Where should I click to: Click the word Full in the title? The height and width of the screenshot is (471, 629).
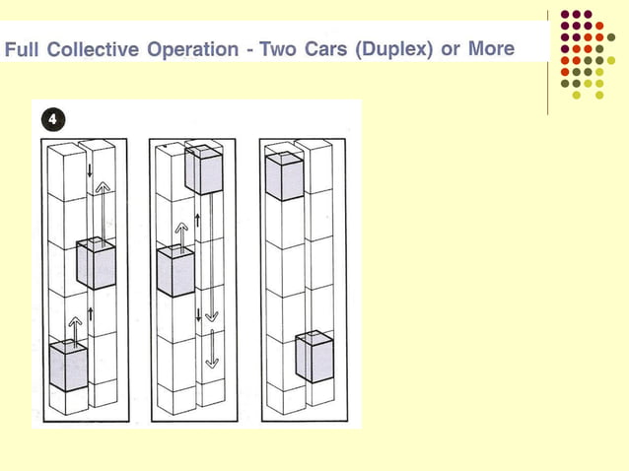click(22, 49)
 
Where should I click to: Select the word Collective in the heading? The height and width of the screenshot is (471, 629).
click(93, 49)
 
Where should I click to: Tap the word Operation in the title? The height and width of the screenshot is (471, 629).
click(192, 49)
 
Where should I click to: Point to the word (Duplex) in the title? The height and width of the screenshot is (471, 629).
click(394, 49)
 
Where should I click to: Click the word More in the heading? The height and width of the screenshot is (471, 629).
click(491, 48)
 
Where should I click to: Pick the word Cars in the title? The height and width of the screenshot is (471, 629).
click(325, 49)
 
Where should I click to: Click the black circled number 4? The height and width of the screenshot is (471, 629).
click(53, 119)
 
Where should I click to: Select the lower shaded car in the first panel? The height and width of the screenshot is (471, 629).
click(68, 366)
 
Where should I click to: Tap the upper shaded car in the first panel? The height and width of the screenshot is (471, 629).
click(97, 263)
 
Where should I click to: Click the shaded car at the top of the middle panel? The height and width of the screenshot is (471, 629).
click(204, 169)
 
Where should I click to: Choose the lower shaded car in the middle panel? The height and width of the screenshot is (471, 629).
click(175, 271)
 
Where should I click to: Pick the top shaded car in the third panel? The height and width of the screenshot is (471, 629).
click(285, 176)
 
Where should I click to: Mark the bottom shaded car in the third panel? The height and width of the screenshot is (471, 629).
click(314, 357)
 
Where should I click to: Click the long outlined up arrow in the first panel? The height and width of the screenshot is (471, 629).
click(103, 213)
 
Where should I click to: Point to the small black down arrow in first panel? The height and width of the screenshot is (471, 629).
click(90, 169)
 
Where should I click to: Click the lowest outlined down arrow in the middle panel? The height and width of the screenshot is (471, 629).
click(212, 349)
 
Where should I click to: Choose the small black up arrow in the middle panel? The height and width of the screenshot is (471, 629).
click(197, 221)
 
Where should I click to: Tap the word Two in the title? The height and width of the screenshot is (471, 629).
click(278, 49)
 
